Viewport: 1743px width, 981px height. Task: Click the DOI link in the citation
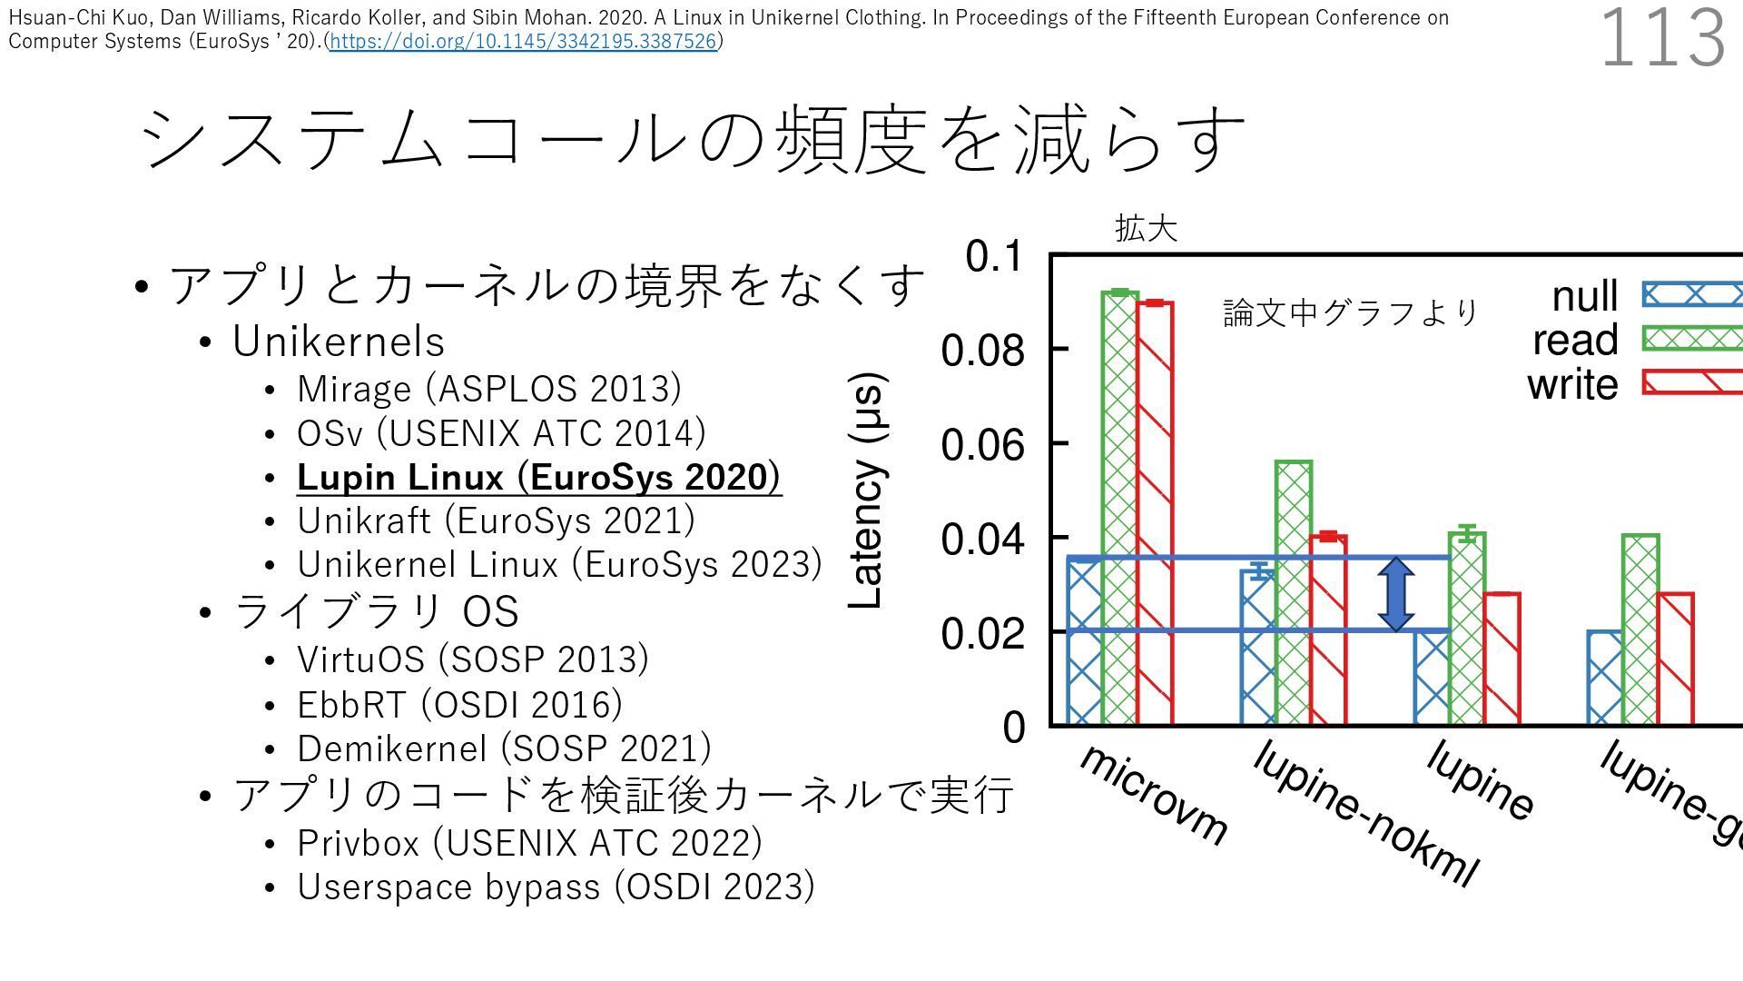(524, 41)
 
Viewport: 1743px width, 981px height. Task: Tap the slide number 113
(1661, 38)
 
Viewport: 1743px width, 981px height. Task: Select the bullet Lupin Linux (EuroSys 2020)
(538, 477)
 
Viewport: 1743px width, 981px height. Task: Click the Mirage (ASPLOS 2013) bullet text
(488, 389)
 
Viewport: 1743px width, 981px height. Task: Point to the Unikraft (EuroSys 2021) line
(496, 520)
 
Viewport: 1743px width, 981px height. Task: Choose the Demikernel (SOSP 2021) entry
(504, 748)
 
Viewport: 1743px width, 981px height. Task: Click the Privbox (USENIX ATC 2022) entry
(529, 843)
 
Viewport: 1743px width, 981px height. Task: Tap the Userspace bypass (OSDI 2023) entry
(556, 887)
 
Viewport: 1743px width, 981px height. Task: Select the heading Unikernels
(339, 342)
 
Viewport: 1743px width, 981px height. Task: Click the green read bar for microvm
(1119, 509)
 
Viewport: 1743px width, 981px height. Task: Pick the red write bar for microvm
(1155, 513)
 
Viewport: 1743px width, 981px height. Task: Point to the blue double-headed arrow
(1395, 594)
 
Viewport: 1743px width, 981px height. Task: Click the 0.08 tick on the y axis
(982, 351)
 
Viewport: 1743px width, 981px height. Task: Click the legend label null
(1584, 296)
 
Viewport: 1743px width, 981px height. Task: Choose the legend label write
(1572, 384)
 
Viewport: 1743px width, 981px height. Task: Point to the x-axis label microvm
(1153, 794)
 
